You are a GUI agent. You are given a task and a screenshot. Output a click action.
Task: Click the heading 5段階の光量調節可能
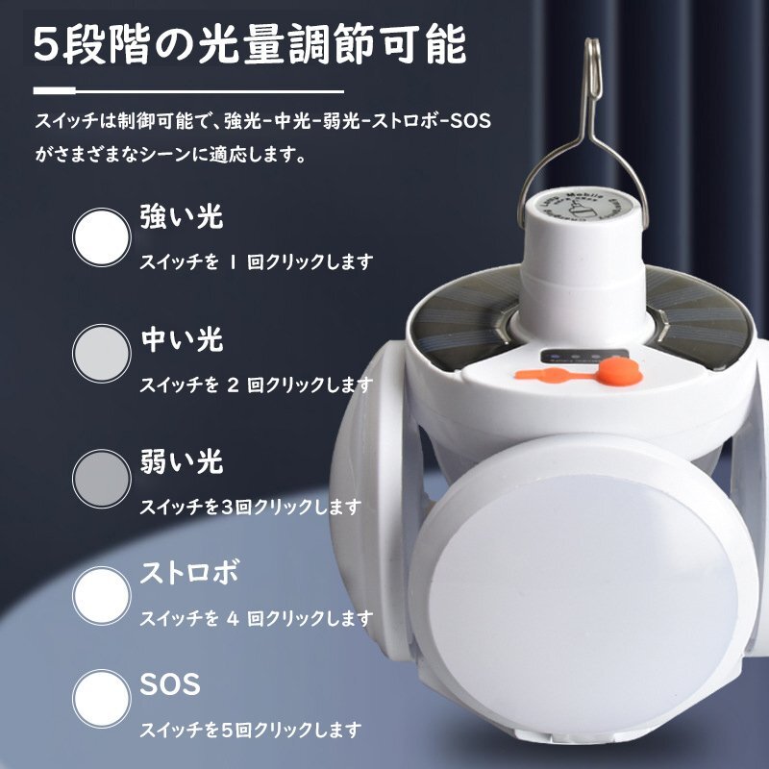click(x=249, y=46)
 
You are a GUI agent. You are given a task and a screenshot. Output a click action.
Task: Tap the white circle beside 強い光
click(x=102, y=237)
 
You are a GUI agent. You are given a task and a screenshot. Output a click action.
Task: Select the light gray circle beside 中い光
click(x=102, y=353)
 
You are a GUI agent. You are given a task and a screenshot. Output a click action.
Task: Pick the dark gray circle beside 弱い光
click(x=102, y=478)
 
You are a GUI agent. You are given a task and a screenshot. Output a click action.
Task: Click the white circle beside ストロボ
click(x=102, y=595)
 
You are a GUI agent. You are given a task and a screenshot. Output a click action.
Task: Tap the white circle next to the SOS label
click(x=102, y=699)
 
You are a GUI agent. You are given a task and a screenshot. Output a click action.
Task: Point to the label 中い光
click(x=182, y=339)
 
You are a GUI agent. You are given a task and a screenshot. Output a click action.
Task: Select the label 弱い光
click(x=182, y=461)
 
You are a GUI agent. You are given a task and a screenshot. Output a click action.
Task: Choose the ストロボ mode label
click(x=189, y=572)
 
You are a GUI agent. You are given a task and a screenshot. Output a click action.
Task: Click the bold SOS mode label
click(x=170, y=684)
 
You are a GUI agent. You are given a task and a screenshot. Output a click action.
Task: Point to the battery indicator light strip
click(x=584, y=357)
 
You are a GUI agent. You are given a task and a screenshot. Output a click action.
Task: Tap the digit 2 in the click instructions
click(x=233, y=385)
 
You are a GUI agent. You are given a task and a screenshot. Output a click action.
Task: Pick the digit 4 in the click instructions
click(x=233, y=618)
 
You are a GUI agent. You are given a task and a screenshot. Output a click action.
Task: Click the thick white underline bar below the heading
click(x=55, y=90)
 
